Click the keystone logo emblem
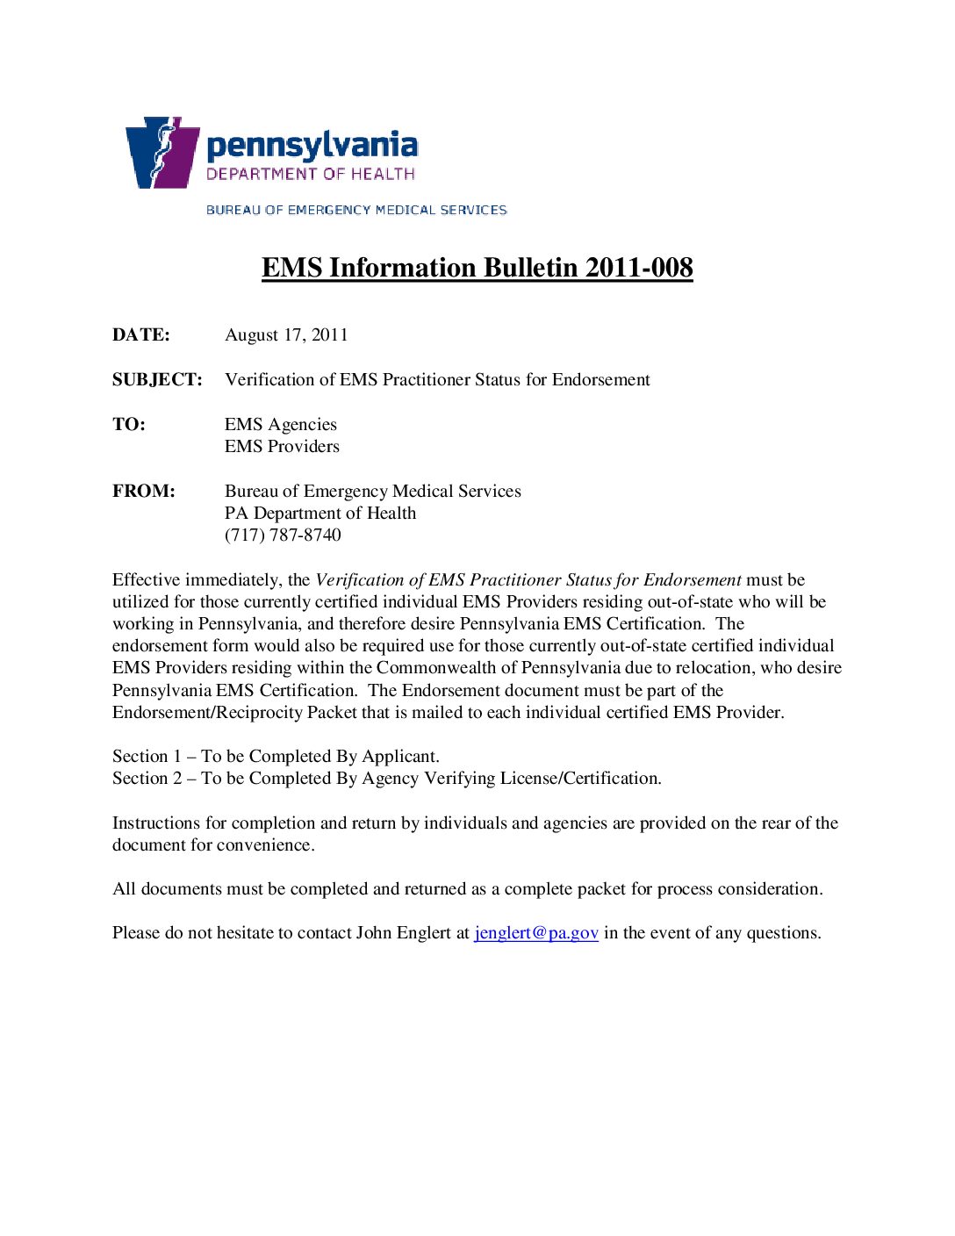162,153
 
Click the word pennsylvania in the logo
312,147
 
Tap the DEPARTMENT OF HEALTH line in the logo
310,174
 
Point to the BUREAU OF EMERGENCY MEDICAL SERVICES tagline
356,210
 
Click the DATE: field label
141,334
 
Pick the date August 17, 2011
286,334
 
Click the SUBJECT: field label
157,379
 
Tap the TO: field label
129,424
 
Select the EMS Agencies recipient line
281,424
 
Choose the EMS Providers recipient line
282,446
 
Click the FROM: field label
144,491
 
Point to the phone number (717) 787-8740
283,535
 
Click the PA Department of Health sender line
320,513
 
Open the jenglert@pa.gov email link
536,932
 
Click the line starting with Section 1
276,756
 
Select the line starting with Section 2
386,778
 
